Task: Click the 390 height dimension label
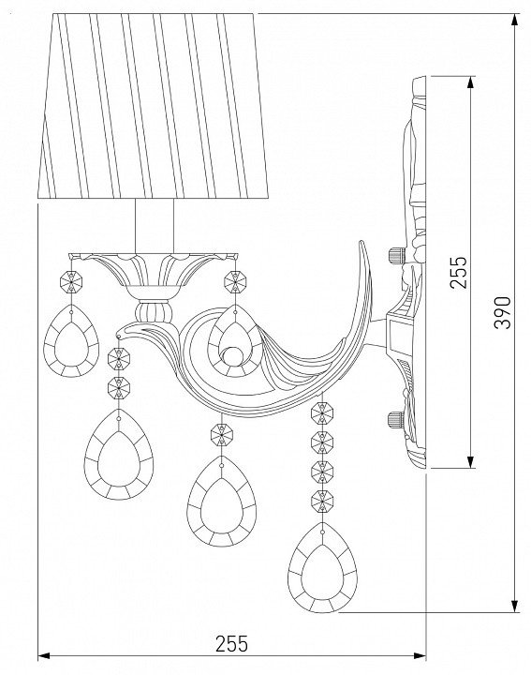pos(503,312)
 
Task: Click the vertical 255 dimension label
pos(457,272)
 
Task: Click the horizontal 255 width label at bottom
pos(231,644)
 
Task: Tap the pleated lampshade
pos(153,106)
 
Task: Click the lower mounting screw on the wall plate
pos(396,419)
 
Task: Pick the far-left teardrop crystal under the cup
pos(71,341)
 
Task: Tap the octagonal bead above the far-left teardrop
pos(71,281)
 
